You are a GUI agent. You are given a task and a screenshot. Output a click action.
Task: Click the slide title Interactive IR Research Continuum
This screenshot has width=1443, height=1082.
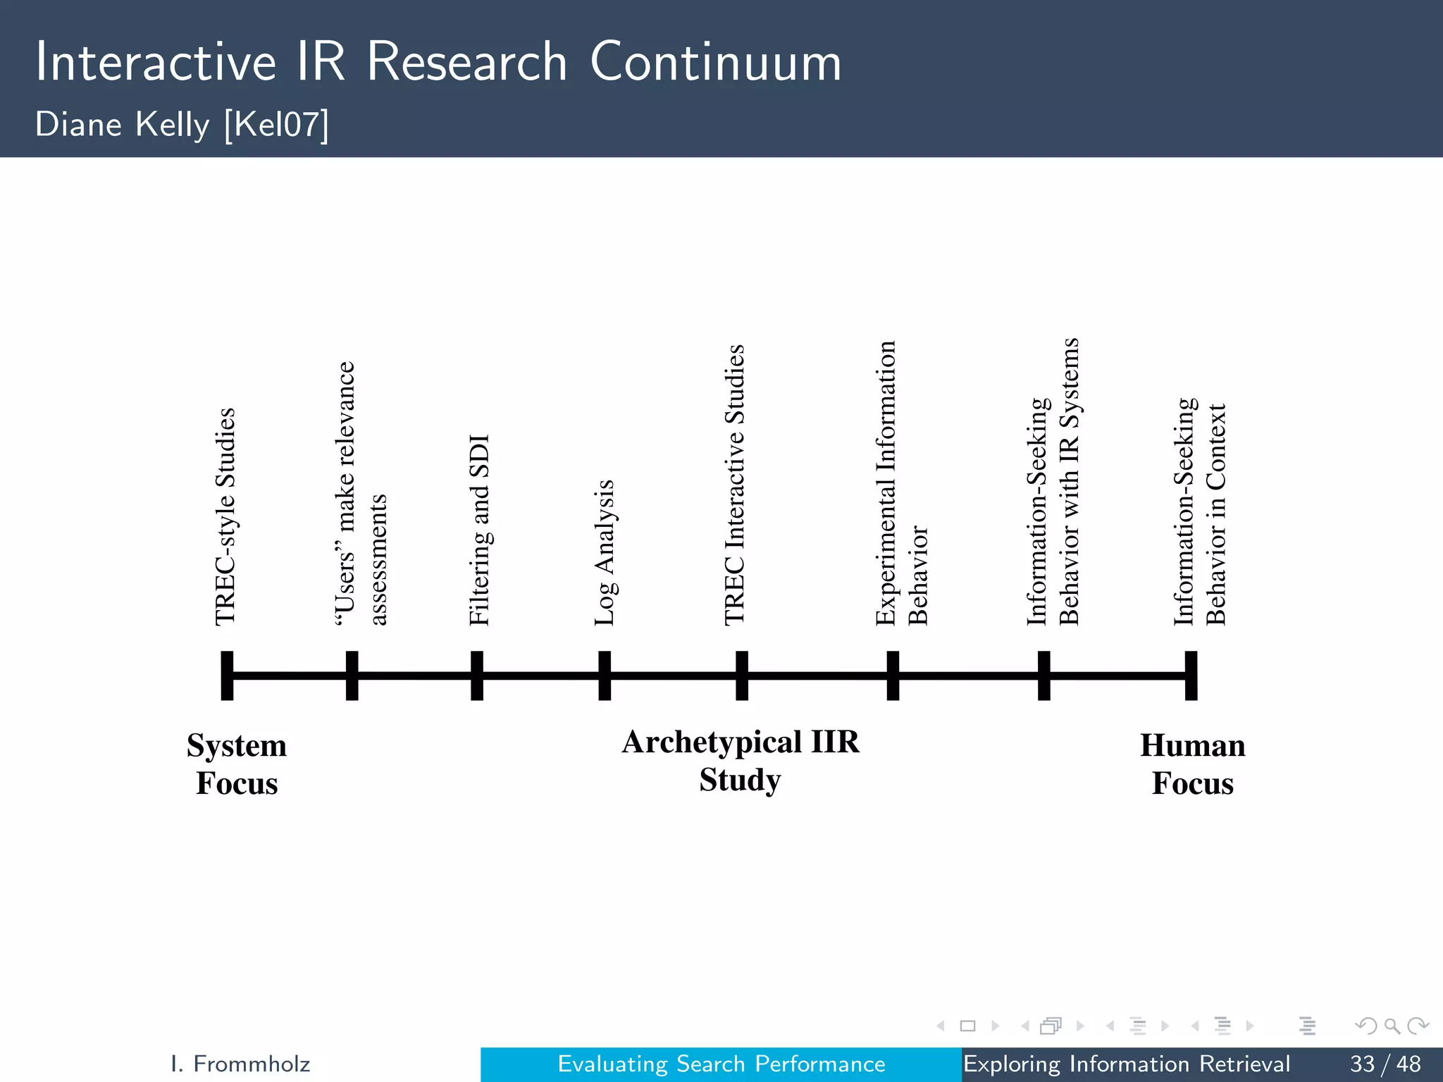point(438,62)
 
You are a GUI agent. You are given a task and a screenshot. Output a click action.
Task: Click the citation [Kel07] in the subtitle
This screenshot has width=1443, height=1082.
point(276,125)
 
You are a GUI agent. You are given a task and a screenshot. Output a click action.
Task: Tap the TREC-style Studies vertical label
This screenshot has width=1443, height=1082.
point(225,516)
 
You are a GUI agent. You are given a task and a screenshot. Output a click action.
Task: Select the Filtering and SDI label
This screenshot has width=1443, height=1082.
point(479,530)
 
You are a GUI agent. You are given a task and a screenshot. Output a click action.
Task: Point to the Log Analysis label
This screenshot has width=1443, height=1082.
point(605,552)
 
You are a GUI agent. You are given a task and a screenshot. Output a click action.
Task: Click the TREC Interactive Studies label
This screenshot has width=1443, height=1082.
point(734,485)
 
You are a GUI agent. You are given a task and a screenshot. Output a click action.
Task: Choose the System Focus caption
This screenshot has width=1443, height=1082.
point(237,764)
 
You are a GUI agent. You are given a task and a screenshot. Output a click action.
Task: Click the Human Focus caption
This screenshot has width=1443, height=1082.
point(1192,764)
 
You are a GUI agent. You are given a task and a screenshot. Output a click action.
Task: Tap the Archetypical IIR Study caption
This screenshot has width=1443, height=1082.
point(740,761)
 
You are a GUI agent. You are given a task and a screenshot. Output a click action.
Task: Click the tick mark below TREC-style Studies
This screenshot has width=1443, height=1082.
point(227,676)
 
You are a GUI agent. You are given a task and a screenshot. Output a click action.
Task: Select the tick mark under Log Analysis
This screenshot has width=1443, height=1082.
point(605,676)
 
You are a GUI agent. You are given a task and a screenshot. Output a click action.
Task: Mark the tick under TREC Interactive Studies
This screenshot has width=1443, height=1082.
point(742,676)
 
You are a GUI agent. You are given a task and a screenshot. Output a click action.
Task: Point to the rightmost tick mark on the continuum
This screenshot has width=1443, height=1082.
point(1191,676)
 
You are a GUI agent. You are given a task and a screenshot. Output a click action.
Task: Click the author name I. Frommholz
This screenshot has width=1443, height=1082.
point(240,1064)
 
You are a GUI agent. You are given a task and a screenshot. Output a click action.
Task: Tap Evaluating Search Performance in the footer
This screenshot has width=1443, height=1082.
point(721,1064)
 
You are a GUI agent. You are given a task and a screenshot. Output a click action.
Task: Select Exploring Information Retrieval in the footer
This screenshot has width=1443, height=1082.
point(1126,1064)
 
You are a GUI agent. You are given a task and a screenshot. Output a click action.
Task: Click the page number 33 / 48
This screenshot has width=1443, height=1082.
point(1385,1064)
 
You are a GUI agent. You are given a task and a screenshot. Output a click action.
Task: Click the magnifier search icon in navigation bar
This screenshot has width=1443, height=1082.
point(1392,1026)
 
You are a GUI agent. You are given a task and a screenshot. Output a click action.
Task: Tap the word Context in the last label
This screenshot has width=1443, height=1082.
point(1216,447)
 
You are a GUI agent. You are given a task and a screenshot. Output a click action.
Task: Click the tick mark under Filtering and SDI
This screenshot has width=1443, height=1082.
point(477,676)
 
